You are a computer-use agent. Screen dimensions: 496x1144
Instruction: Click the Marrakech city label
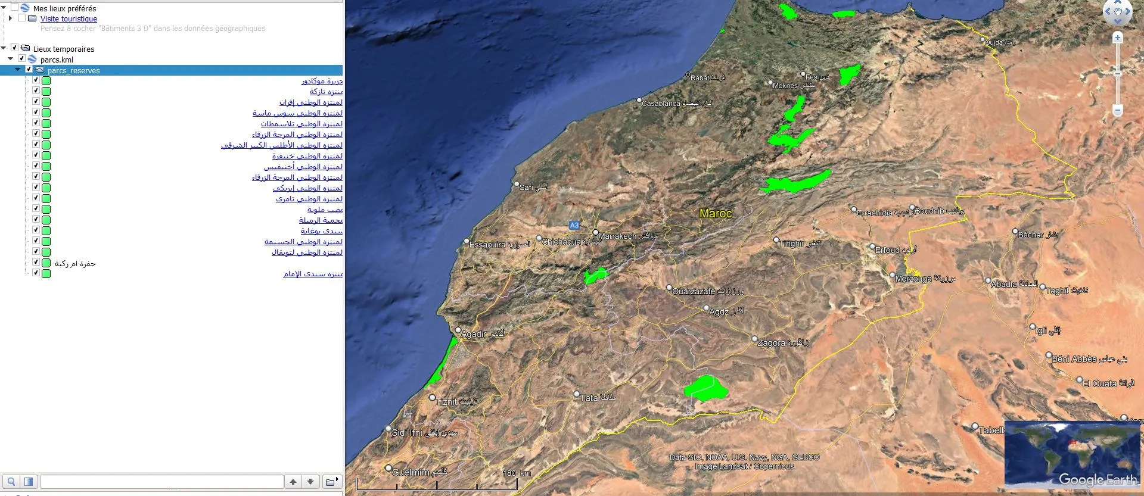pyautogui.click(x=617, y=236)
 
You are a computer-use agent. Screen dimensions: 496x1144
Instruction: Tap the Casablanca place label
pyautogui.click(x=661, y=104)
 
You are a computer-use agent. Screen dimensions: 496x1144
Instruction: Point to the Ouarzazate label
pyautogui.click(x=693, y=291)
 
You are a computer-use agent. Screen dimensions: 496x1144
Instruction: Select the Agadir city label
pyautogui.click(x=474, y=334)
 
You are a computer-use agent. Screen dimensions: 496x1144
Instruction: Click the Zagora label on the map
pyautogui.click(x=771, y=343)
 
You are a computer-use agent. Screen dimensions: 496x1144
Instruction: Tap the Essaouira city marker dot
pyautogui.click(x=467, y=241)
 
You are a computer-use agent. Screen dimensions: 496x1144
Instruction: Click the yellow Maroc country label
pyautogui.click(x=715, y=213)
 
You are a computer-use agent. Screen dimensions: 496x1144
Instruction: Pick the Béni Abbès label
pyautogui.click(x=1074, y=359)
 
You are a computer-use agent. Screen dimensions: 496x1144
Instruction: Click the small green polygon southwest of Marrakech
pyautogui.click(x=595, y=276)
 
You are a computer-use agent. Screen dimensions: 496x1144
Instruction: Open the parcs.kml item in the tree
pyautogui.click(x=57, y=60)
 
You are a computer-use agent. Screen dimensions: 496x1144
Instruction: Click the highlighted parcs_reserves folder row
pyautogui.click(x=73, y=70)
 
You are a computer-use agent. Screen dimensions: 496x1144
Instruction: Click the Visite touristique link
pyautogui.click(x=69, y=19)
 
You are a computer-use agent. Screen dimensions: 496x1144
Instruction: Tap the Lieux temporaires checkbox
pyautogui.click(x=14, y=48)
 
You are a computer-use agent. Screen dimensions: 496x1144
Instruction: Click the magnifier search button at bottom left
pyautogui.click(x=11, y=482)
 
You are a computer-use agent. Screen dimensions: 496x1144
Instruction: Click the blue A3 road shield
pyautogui.click(x=574, y=225)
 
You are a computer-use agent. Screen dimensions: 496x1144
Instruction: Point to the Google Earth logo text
pyautogui.click(x=1098, y=480)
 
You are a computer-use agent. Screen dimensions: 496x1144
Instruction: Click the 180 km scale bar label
pyautogui.click(x=516, y=473)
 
